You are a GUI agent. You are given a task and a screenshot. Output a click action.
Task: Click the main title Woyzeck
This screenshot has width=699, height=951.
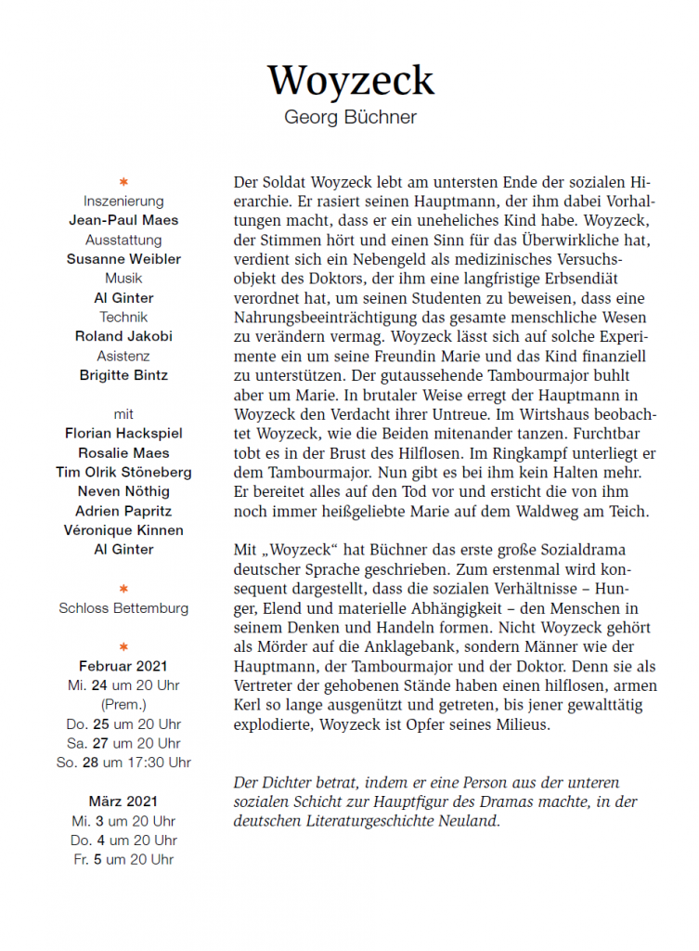pyautogui.click(x=350, y=81)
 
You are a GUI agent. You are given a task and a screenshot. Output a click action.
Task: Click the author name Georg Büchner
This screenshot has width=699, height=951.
pyautogui.click(x=350, y=118)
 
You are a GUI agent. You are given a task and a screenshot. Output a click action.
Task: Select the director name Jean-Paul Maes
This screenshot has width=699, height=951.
pyautogui.click(x=123, y=220)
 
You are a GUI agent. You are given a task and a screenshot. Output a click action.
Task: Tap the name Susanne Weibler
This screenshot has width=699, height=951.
pyautogui.click(x=123, y=259)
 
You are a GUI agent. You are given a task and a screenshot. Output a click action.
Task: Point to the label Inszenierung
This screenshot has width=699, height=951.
pyautogui.click(x=123, y=201)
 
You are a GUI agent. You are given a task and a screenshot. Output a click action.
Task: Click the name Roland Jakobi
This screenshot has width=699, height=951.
pyautogui.click(x=123, y=336)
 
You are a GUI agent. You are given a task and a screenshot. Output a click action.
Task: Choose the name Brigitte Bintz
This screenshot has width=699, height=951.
pyautogui.click(x=123, y=375)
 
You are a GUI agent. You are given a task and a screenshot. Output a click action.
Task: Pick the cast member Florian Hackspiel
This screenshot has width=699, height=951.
pyautogui.click(x=123, y=433)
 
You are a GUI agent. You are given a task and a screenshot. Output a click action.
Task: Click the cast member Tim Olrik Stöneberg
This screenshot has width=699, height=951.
pyautogui.click(x=123, y=472)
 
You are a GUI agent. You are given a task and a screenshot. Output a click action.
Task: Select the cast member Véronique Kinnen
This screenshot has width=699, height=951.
pyautogui.click(x=123, y=530)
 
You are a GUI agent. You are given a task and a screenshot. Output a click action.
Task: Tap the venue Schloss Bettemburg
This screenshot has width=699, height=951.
pyautogui.click(x=123, y=608)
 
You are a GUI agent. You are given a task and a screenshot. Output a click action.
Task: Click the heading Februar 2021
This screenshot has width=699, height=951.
pyautogui.click(x=123, y=666)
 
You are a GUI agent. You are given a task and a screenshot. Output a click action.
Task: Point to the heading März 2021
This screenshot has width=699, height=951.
pyautogui.click(x=123, y=801)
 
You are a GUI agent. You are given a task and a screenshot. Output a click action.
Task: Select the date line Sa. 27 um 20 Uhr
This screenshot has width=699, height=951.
pyautogui.click(x=123, y=743)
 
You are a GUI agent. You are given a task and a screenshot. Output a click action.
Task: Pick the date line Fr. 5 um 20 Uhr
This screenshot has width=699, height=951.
pyautogui.click(x=123, y=859)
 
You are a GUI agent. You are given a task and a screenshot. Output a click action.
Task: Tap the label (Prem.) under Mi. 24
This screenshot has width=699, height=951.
pyautogui.click(x=123, y=704)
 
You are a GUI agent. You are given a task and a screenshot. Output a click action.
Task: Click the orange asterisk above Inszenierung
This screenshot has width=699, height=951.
pyautogui.click(x=123, y=181)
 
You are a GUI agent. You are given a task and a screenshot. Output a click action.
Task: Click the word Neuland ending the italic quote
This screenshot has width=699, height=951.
pyautogui.click(x=471, y=821)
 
